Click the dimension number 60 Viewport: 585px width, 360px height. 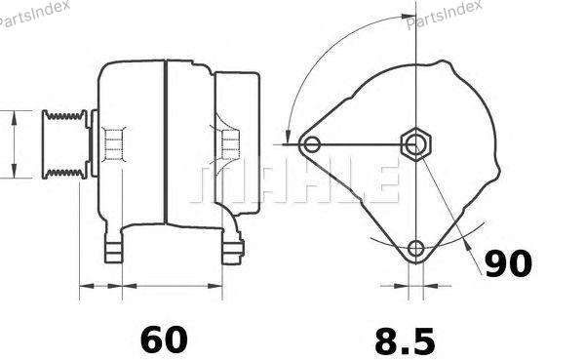click(164, 340)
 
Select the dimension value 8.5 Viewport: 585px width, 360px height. click(405, 340)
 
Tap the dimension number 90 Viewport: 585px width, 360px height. click(508, 263)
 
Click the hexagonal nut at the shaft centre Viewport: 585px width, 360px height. click(415, 143)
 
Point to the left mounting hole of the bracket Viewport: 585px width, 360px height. click(312, 144)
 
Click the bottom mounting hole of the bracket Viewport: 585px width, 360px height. click(415, 249)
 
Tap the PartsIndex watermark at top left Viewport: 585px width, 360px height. click(35, 14)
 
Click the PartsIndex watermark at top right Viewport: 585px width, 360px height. click(444, 15)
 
